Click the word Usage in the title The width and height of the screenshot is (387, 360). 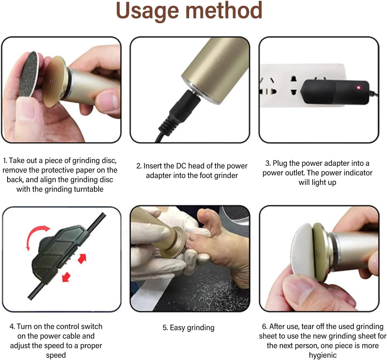click(147, 11)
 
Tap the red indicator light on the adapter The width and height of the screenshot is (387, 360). click(359, 88)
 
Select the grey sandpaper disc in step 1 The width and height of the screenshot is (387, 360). click(29, 74)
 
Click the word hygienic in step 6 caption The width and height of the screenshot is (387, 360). click(323, 355)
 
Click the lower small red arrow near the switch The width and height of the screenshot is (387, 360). click(66, 277)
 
